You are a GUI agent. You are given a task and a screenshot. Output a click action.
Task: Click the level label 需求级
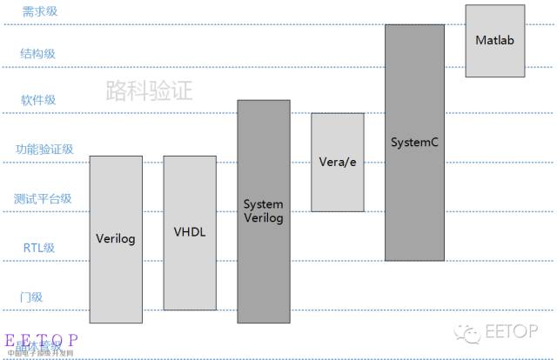point(40,11)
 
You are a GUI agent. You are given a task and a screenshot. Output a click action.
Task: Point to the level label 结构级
point(38,54)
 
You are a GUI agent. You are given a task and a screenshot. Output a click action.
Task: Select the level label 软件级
point(38,100)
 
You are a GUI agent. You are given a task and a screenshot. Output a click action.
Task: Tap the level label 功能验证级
point(44,150)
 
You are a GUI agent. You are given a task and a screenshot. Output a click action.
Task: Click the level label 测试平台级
point(44,198)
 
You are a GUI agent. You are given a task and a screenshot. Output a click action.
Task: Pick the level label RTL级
point(39,248)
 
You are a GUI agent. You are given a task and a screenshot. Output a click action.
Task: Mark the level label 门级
point(31,297)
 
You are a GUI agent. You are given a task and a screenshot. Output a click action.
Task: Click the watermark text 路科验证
point(149,90)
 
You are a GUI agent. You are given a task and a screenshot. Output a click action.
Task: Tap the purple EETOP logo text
point(42,339)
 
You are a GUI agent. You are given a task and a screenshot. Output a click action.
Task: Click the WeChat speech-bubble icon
point(471,333)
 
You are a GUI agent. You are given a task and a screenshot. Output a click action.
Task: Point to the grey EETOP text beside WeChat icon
point(510,333)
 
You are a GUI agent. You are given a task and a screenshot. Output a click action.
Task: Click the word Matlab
point(494,40)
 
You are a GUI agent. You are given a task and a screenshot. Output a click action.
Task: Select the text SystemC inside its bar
point(414,141)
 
